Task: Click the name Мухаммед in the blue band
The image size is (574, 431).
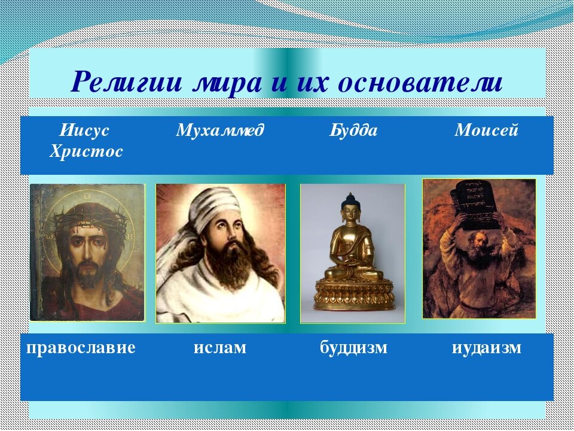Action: [219, 130]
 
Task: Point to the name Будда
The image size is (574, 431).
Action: [353, 130]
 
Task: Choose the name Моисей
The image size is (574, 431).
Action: [487, 130]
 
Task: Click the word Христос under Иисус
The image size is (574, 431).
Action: [86, 151]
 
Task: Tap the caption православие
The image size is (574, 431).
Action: [81, 347]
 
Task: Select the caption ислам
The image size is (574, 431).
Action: [219, 347]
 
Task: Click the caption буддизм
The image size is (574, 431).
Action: [353, 347]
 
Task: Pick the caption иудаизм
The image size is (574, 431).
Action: [487, 347]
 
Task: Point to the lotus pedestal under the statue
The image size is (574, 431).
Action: [353, 293]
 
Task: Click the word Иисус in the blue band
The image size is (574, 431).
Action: [84, 130]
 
